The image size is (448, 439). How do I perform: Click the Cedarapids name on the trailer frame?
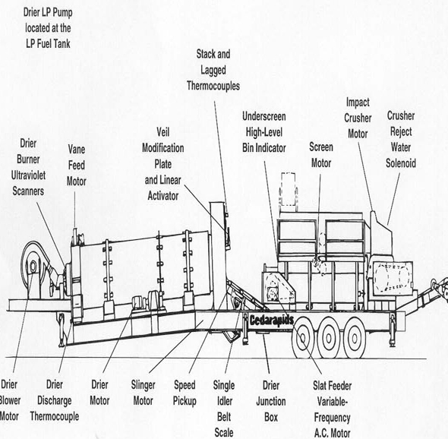coord(271,320)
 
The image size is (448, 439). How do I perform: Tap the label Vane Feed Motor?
coord(76,166)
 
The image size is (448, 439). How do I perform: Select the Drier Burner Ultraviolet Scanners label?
coord(28,167)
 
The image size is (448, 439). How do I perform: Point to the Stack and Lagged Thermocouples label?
coord(213,70)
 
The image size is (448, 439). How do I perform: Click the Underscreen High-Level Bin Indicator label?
coord(264,132)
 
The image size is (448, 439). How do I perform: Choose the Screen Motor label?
coord(321,155)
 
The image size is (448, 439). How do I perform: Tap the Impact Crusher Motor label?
coord(358,118)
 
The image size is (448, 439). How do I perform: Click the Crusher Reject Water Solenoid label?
coord(401,140)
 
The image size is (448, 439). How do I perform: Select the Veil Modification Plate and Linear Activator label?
coord(162,164)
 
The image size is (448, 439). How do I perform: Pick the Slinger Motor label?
coord(144,393)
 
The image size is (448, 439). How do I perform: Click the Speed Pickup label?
coord(185,393)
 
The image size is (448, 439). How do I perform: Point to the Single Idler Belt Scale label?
coord(224,409)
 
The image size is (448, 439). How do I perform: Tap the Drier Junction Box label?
coord(271,401)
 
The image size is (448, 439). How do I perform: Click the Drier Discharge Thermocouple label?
coord(55,400)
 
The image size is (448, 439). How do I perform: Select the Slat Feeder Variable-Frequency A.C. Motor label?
coord(332,409)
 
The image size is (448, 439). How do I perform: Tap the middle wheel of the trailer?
coord(329,338)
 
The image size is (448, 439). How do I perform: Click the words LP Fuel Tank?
coord(48,44)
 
